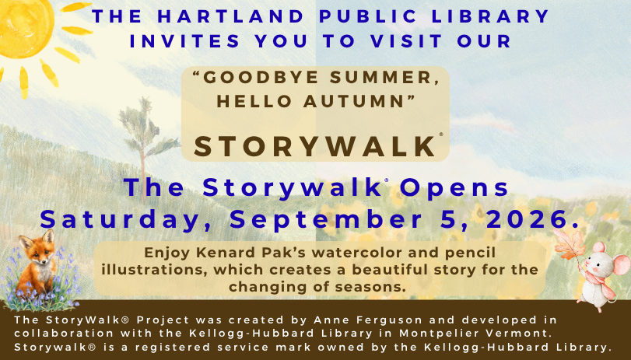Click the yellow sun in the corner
tap(25, 28)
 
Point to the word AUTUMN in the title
tap(354, 102)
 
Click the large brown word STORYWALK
tap(316, 146)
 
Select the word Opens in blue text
tap(454, 189)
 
